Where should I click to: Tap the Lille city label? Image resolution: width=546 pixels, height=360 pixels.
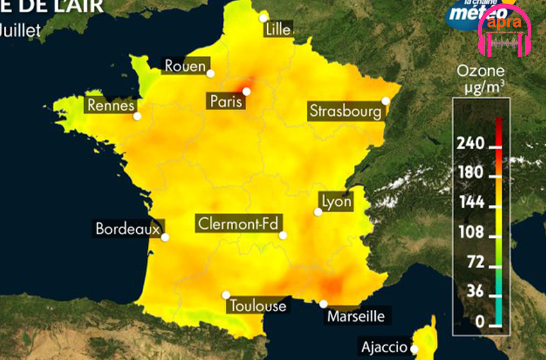(277, 28)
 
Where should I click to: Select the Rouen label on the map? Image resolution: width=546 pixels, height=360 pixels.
(185, 66)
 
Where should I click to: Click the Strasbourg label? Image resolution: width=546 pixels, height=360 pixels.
(345, 111)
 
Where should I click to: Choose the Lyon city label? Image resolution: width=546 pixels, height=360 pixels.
(337, 201)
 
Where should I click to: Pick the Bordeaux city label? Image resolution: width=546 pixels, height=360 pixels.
(127, 228)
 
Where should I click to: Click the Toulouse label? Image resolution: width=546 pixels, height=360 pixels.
(258, 305)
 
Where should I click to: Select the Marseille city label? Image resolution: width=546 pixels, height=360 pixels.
(356, 316)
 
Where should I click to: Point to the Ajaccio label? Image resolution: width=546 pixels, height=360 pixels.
(384, 347)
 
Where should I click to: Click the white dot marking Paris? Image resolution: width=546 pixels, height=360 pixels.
(246, 91)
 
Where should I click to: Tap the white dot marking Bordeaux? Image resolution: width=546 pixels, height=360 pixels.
(165, 237)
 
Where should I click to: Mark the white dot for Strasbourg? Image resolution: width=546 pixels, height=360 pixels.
(385, 100)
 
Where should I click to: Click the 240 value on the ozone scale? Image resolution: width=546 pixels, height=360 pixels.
(470, 144)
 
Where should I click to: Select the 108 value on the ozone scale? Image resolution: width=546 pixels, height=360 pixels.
(470, 232)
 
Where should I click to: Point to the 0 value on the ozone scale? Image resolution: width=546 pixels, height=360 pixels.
(478, 320)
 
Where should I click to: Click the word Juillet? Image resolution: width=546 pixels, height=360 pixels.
(21, 30)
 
